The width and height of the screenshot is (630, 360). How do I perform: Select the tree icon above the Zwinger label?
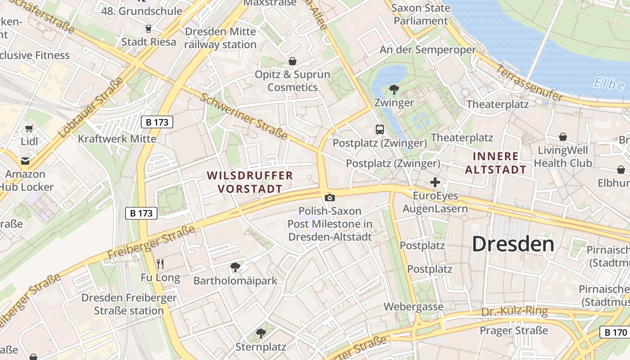click(x=394, y=90)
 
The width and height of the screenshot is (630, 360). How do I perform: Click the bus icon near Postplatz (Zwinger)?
click(x=380, y=130)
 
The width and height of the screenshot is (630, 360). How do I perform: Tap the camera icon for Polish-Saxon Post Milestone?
click(x=330, y=198)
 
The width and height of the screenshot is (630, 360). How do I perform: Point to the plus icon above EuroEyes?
click(x=435, y=182)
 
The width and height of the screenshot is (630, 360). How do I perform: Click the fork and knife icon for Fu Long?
click(x=160, y=264)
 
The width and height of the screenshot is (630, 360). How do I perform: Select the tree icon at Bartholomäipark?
click(x=235, y=267)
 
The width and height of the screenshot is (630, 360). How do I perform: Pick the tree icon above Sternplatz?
click(x=261, y=333)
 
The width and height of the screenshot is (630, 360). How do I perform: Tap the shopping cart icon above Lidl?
click(x=29, y=128)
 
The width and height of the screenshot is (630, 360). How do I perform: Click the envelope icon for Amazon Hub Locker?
click(x=25, y=161)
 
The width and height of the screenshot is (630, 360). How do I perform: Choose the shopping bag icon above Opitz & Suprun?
click(x=292, y=61)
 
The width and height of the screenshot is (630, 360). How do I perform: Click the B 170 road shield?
click(x=615, y=333)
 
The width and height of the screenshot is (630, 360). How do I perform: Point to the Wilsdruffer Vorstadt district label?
click(x=250, y=182)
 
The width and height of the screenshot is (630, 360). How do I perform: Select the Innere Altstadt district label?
click(x=495, y=163)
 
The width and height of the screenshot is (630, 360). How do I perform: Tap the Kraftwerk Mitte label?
click(x=117, y=139)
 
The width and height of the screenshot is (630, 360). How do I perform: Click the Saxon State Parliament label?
click(x=421, y=14)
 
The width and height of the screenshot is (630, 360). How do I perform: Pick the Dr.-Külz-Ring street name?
click(x=514, y=311)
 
